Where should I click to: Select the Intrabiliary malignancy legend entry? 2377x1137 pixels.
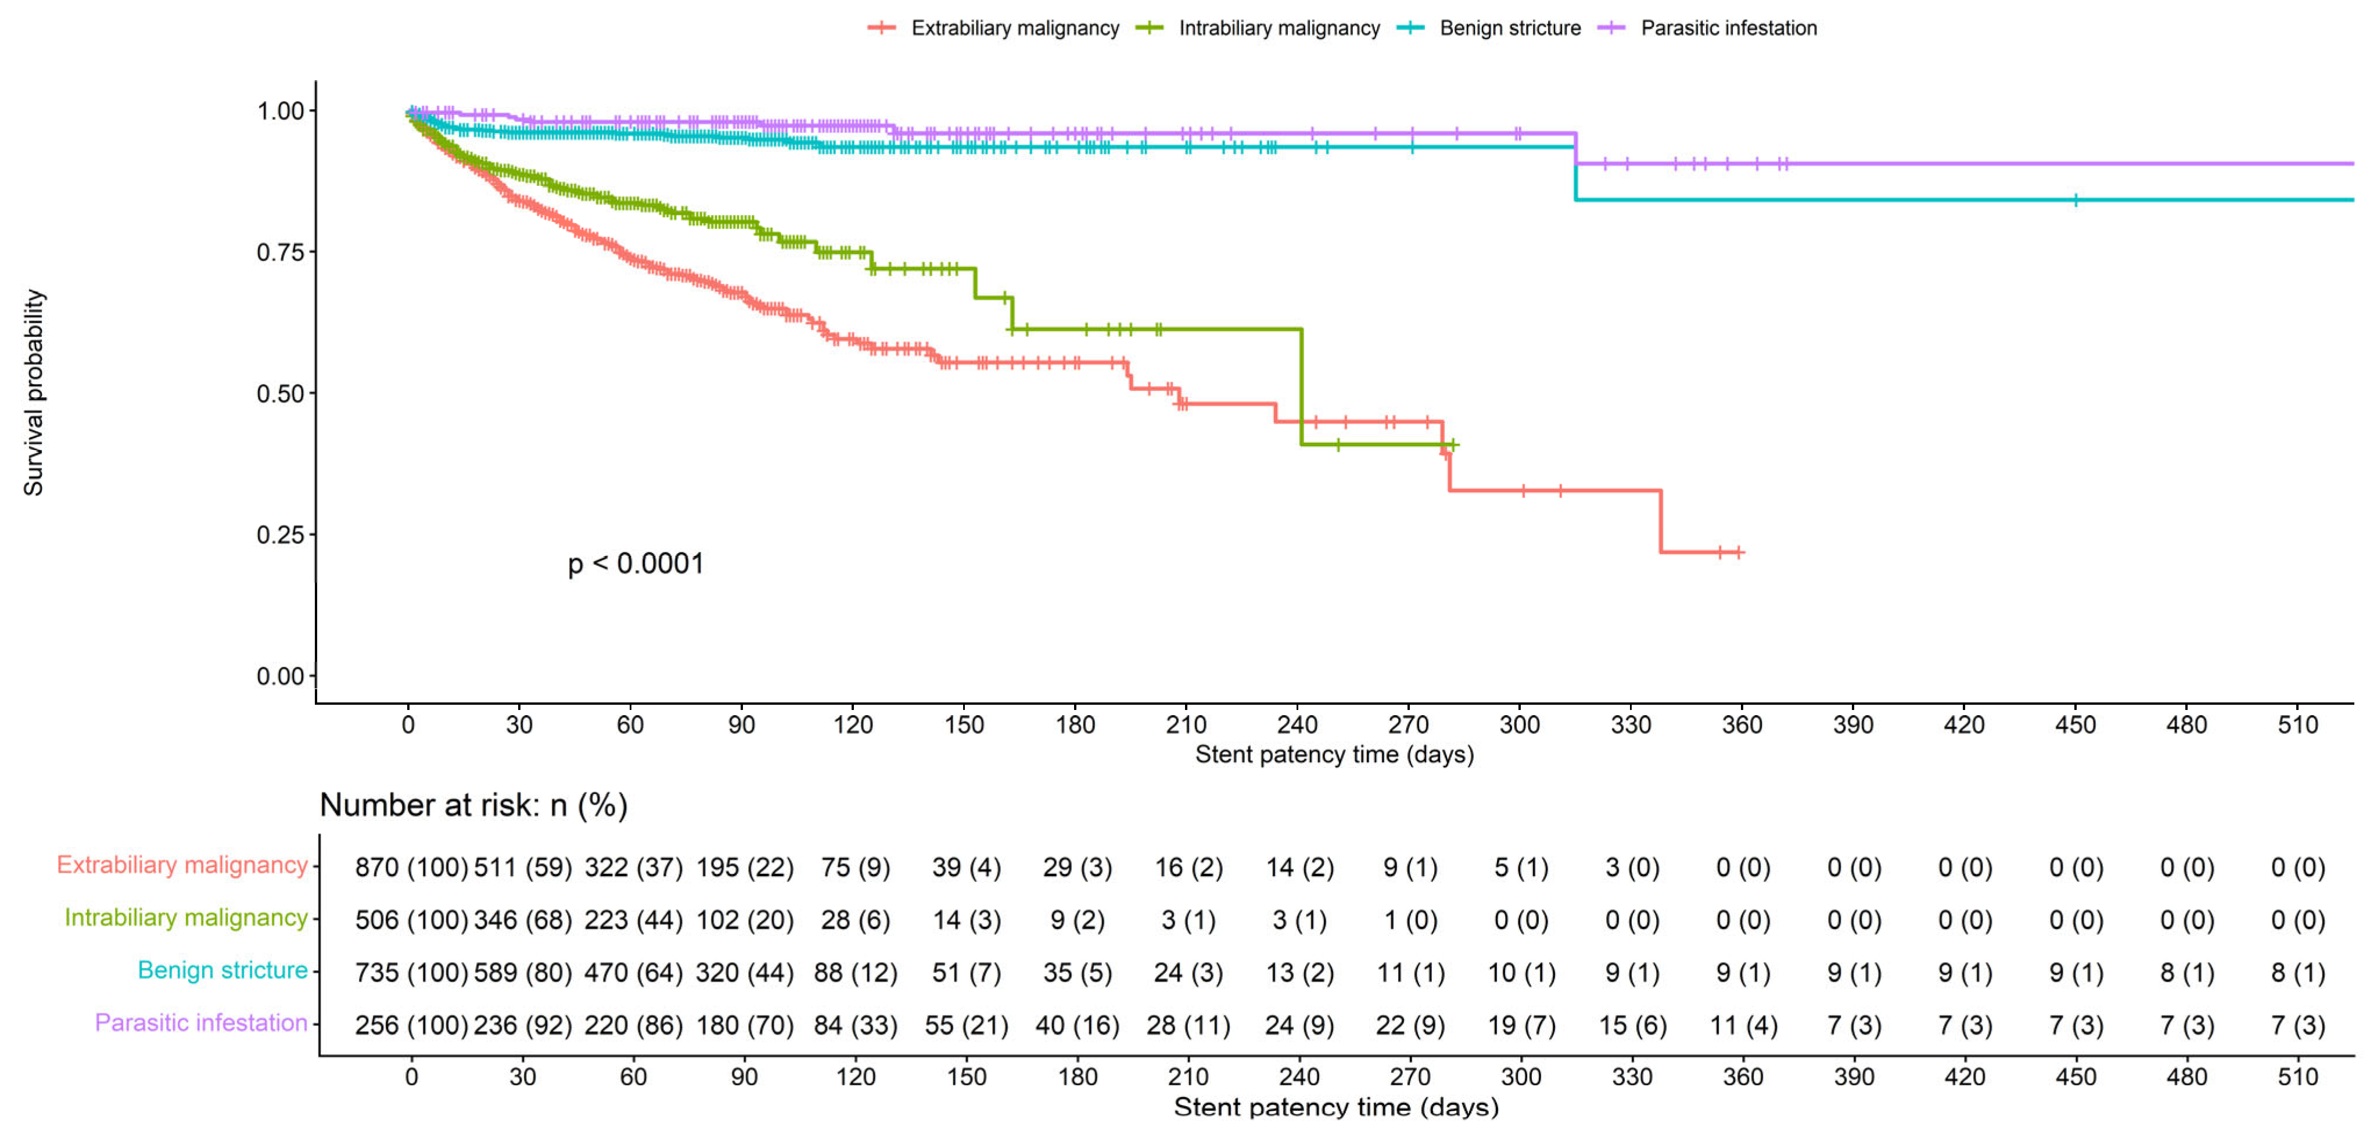[1258, 28]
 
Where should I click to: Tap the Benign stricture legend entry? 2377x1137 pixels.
[1488, 28]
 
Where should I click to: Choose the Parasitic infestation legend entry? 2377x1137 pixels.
[1707, 28]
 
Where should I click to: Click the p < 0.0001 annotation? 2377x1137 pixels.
[635, 563]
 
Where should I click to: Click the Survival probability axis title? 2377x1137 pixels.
[33, 392]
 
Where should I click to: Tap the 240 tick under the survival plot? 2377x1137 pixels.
[1297, 724]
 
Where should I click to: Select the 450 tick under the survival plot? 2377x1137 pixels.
[2076, 724]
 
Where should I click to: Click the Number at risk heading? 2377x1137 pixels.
[473, 805]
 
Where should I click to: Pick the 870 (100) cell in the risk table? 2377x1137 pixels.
[411, 867]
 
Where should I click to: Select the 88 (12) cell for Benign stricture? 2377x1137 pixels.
[856, 973]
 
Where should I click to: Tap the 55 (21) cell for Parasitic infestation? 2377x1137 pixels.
[966, 1025]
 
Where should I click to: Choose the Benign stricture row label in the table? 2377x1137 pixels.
[222, 970]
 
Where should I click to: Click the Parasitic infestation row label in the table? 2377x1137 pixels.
[201, 1023]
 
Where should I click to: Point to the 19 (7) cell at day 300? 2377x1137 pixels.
[1521, 1025]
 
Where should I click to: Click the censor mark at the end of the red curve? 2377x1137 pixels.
[1739, 552]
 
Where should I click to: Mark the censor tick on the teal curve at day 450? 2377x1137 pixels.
[2076, 199]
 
